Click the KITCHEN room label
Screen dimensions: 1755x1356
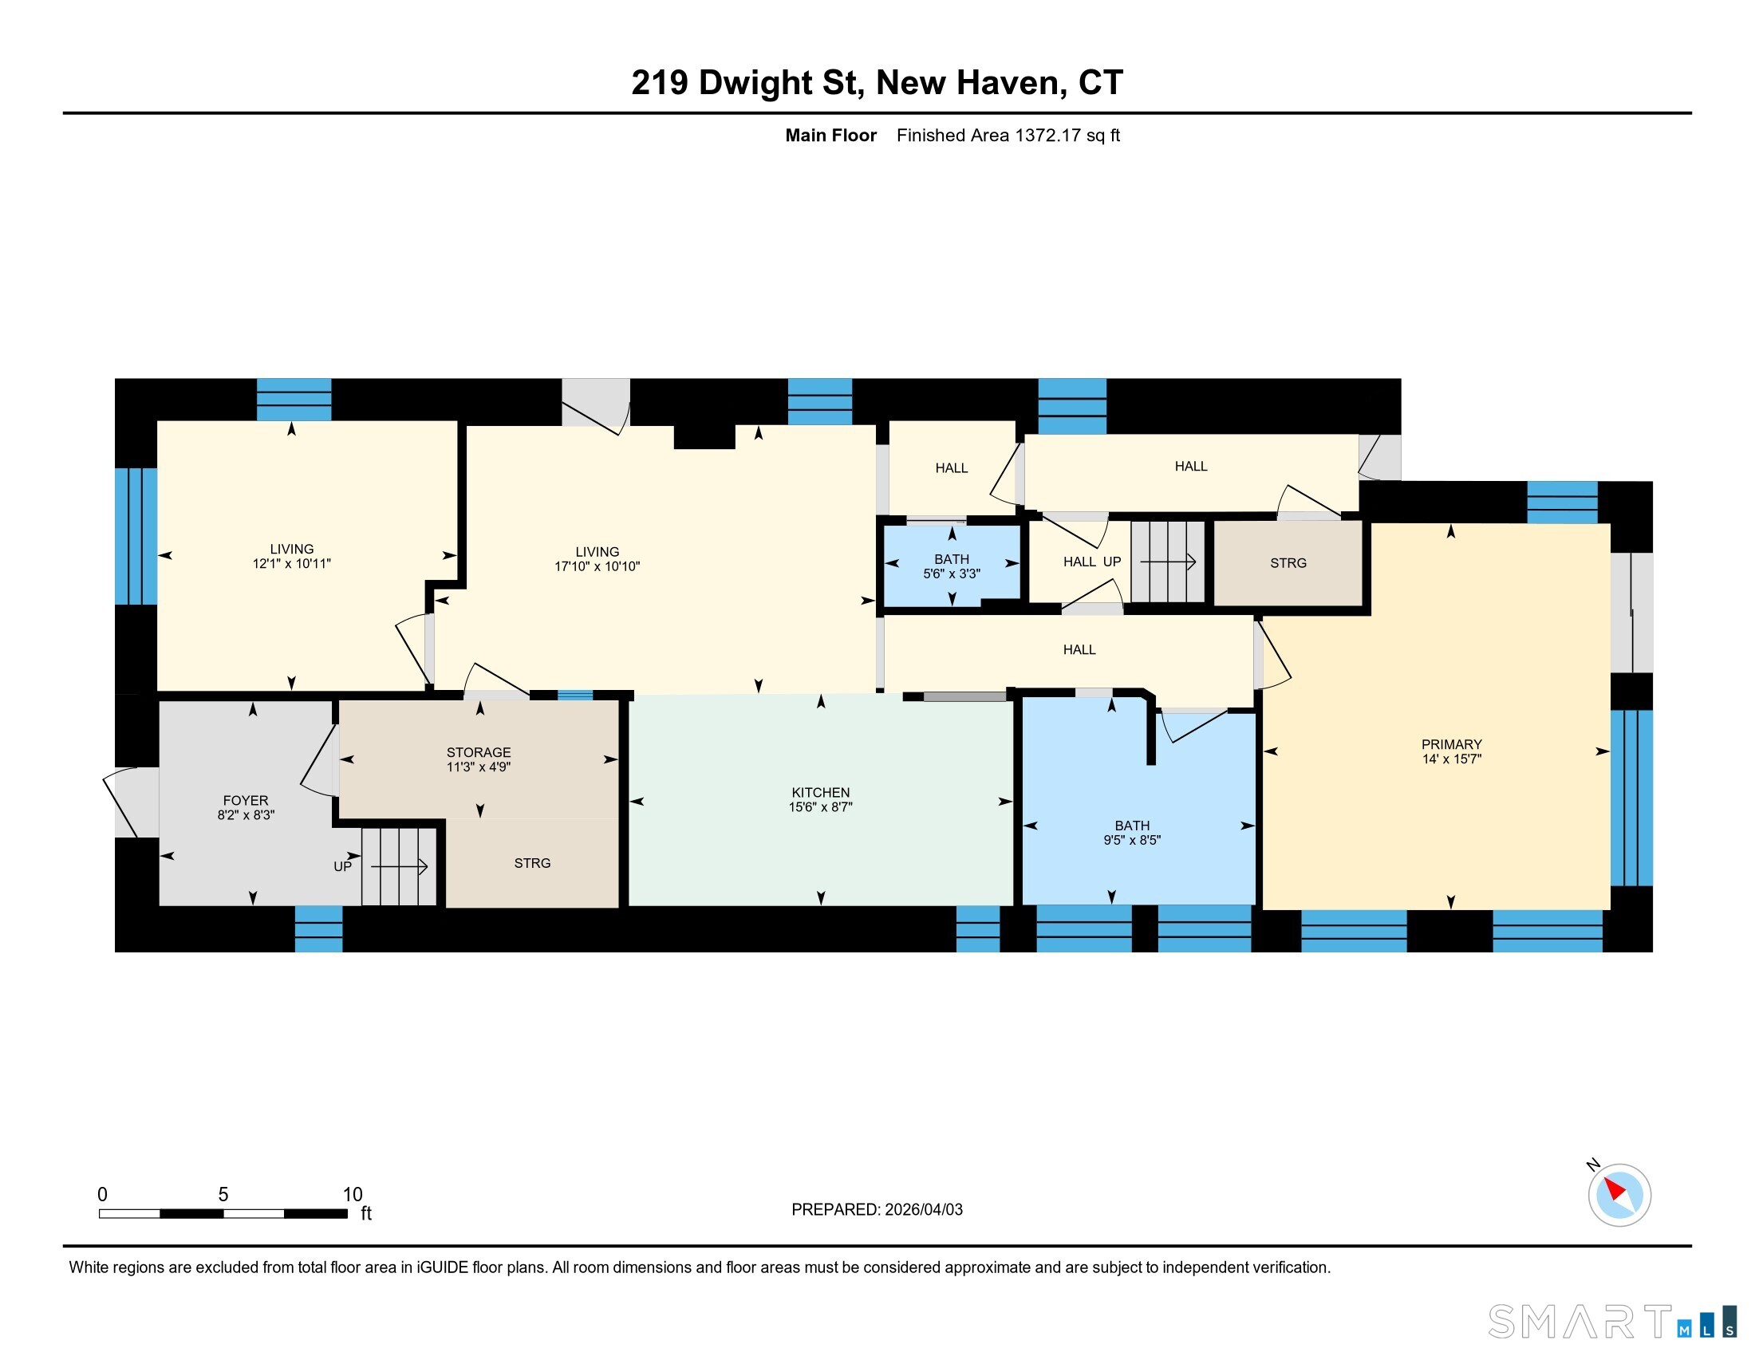820,792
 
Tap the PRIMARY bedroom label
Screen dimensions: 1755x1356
1451,744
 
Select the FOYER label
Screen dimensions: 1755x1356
246,800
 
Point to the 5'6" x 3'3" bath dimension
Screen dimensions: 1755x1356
952,574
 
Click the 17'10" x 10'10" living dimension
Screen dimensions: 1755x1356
597,566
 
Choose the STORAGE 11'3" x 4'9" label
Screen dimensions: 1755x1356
479,759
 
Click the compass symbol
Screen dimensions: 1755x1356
1619,1194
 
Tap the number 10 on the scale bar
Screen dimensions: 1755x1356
353,1194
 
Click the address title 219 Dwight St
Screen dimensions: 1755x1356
747,83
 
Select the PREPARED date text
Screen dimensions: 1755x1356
877,1209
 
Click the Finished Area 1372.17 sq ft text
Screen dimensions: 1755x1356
1008,135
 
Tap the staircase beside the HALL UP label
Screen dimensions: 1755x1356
1169,562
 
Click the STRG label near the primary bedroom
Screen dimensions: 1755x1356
1288,563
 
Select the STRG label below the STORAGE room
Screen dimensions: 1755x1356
532,863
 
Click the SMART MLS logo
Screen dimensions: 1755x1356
1612,1322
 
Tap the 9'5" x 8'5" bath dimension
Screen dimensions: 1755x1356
1131,840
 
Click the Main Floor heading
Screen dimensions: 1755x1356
831,135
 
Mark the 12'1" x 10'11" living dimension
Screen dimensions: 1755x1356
292,564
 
